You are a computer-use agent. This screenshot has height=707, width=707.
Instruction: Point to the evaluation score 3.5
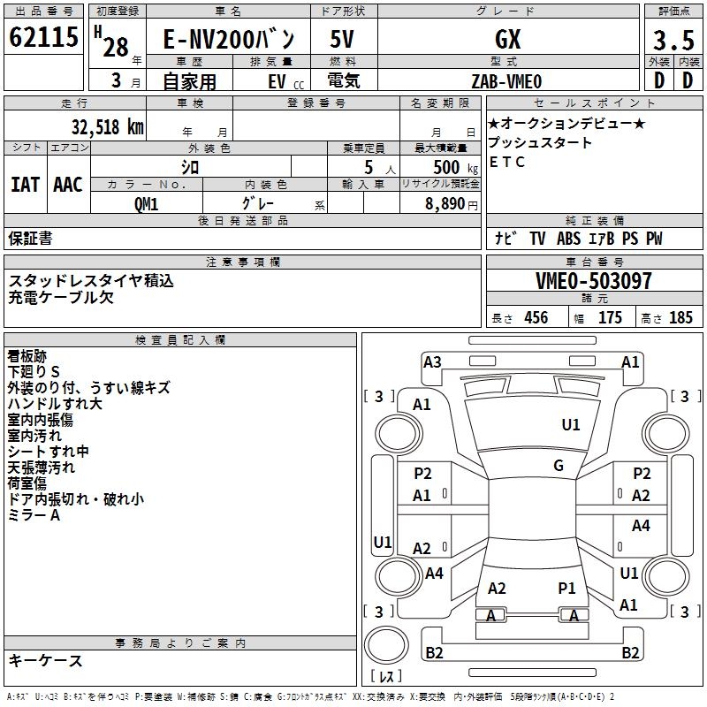click(673, 41)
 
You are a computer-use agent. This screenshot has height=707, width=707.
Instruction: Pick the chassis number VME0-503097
click(594, 282)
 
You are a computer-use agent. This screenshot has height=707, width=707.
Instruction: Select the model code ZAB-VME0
click(506, 81)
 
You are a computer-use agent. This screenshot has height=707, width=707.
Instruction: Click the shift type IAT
click(26, 184)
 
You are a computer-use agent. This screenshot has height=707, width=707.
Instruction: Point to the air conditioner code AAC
click(68, 184)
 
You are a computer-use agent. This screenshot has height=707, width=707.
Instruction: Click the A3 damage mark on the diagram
click(432, 361)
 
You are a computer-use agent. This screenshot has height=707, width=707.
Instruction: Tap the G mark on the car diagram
click(559, 466)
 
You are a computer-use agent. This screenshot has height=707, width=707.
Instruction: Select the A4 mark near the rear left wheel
click(434, 574)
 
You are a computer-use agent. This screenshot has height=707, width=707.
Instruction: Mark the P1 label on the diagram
click(566, 588)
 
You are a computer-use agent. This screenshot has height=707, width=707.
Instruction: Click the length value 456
click(536, 318)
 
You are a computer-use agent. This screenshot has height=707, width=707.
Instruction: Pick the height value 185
click(680, 318)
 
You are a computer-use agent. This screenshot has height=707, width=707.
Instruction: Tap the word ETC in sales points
click(507, 163)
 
